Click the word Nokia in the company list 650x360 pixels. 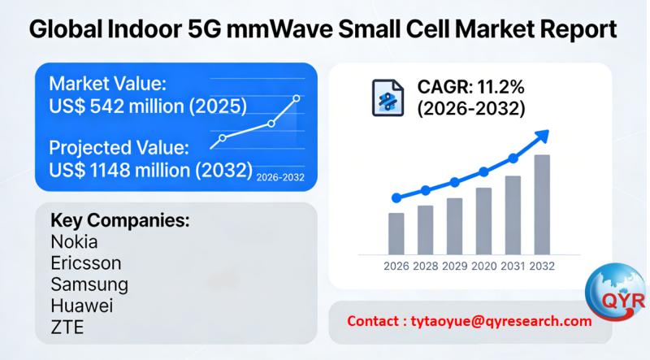point(74,242)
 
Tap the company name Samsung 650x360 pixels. point(89,285)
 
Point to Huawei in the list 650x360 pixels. point(82,307)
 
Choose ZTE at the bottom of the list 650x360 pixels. point(67,328)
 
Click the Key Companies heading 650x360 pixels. point(120,220)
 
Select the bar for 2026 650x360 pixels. point(396,233)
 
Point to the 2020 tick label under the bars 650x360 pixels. point(483,266)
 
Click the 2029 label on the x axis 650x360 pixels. point(454,266)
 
